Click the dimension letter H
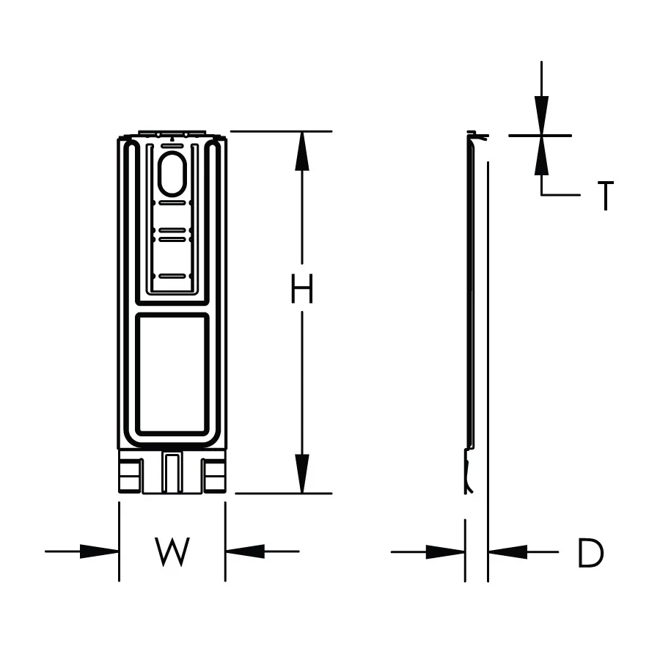click(x=302, y=288)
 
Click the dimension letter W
click(x=172, y=551)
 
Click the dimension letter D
click(x=591, y=553)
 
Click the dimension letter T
click(x=606, y=195)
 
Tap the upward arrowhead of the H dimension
click(x=302, y=151)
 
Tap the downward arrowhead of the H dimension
click(x=302, y=474)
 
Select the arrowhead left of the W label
click(x=99, y=551)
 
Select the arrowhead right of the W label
click(x=245, y=551)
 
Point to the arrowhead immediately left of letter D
click(x=507, y=551)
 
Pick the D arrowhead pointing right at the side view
click(x=445, y=551)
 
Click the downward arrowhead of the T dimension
click(x=542, y=116)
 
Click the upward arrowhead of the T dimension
click(x=542, y=155)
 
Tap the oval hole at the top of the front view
click(x=172, y=174)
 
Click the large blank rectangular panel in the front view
click(x=172, y=375)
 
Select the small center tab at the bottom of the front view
click(x=172, y=473)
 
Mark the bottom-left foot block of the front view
click(x=130, y=476)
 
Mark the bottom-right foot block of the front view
click(x=215, y=476)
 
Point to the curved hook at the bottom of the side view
click(x=469, y=472)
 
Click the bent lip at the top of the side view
click(x=477, y=135)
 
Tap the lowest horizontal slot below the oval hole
click(x=172, y=276)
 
